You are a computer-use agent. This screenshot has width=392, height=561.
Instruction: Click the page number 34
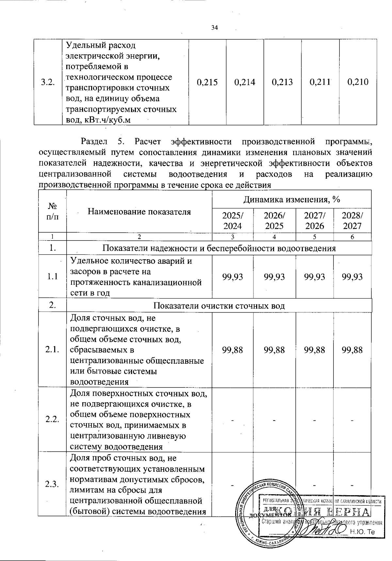tap(214, 28)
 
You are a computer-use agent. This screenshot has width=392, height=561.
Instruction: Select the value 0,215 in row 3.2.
tap(207, 82)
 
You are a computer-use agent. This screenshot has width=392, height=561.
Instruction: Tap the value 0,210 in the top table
tap(358, 82)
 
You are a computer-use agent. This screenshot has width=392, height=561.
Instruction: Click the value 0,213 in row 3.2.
tap(283, 82)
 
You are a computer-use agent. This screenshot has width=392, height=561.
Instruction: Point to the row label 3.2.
tap(48, 82)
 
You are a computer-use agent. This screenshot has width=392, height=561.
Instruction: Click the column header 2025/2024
tap(232, 221)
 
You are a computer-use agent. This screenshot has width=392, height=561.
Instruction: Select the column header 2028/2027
tap(352, 221)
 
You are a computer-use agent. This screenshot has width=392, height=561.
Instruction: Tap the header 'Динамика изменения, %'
tap(291, 199)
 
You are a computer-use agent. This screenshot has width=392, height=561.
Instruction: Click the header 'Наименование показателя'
tap(139, 211)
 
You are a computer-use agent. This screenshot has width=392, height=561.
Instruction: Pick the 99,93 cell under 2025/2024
tap(232, 277)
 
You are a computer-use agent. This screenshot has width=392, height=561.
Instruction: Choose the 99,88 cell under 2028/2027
tap(352, 350)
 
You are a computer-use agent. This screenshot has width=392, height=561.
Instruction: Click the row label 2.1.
tap(52, 350)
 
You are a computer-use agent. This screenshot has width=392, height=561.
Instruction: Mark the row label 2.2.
tap(52, 420)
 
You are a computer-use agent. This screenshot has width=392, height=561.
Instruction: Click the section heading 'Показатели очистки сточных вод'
tap(219, 306)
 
